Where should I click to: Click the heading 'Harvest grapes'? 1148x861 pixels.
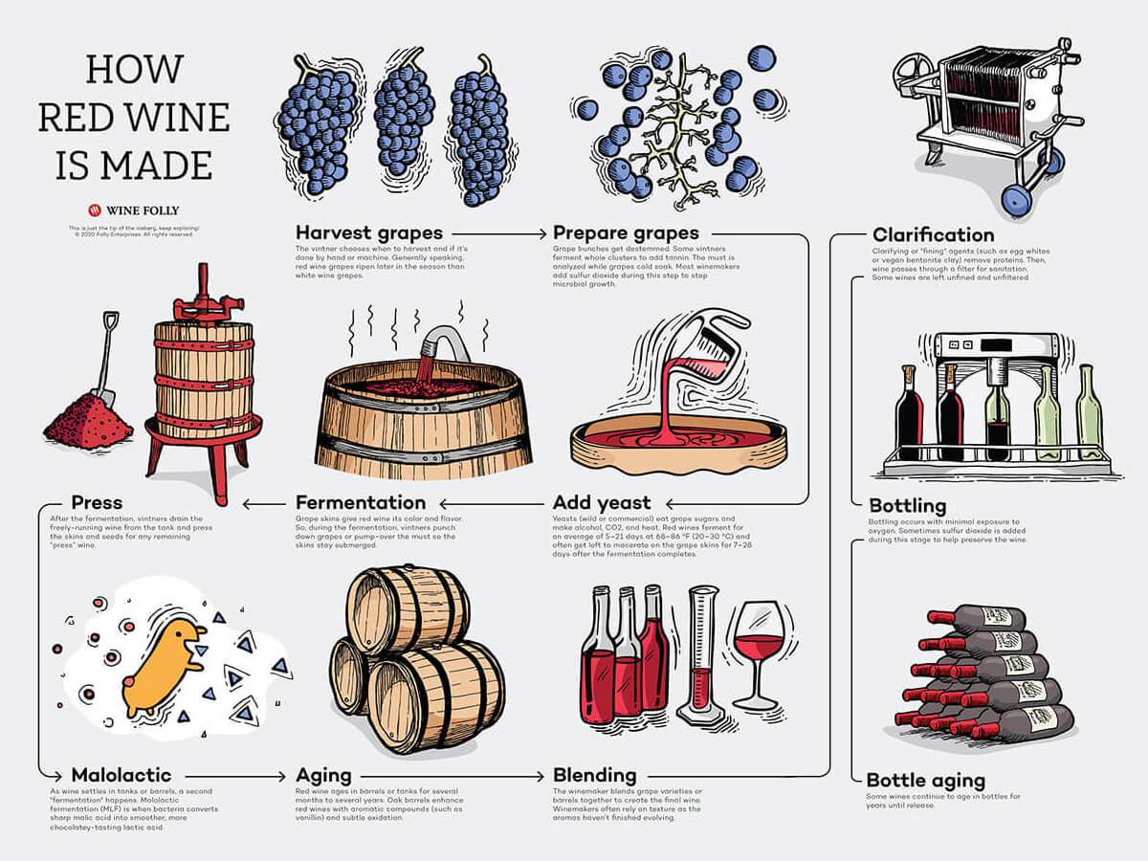(x=368, y=232)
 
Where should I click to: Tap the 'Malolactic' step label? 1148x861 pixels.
(x=121, y=775)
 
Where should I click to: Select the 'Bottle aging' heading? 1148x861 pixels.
(x=925, y=781)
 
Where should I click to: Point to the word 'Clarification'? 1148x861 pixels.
(x=933, y=235)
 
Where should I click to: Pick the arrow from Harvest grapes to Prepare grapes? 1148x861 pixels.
(x=497, y=232)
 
